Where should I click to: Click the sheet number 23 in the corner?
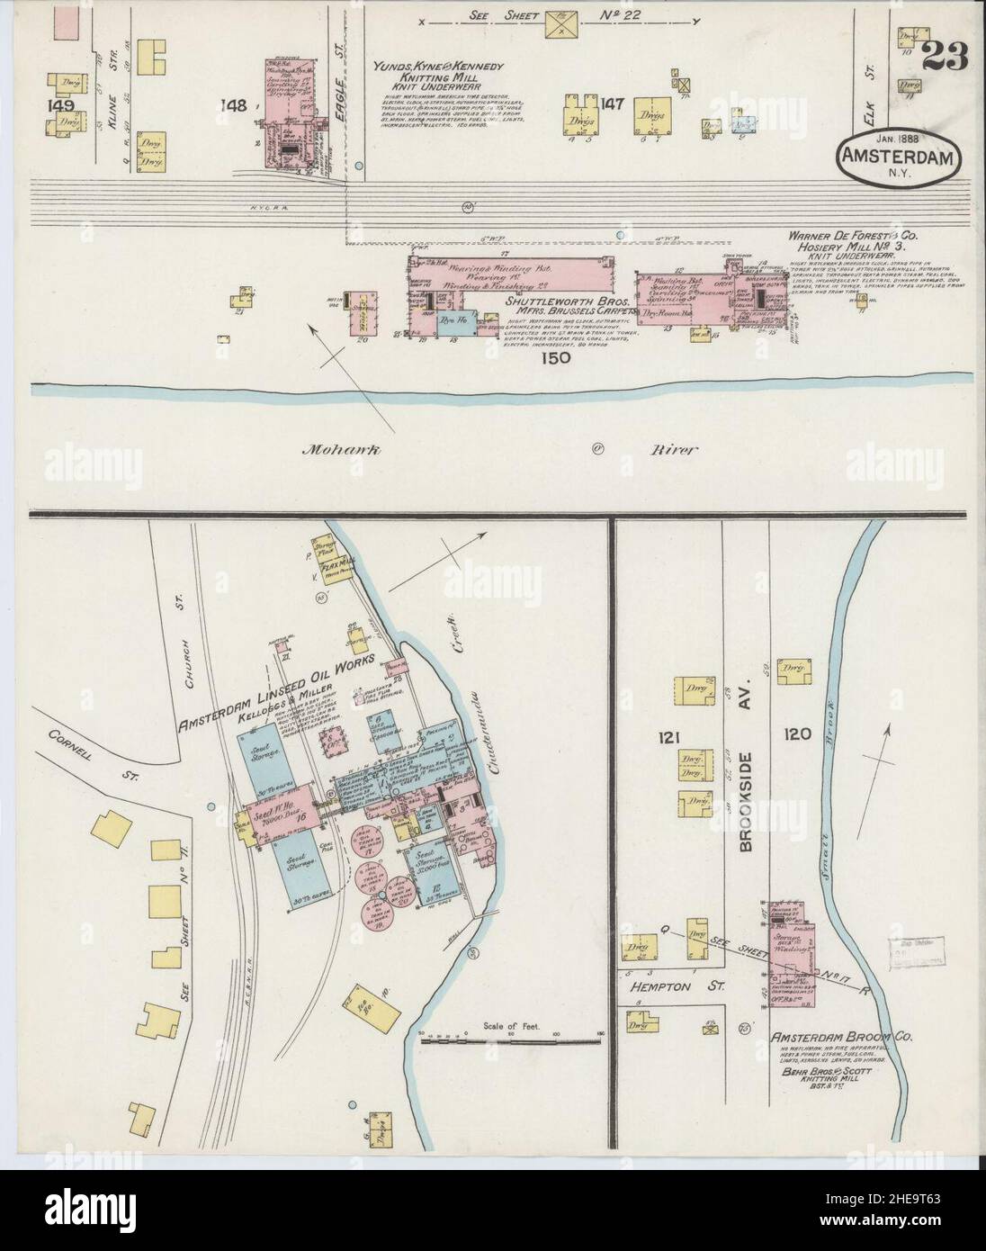944,58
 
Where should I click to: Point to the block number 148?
235,106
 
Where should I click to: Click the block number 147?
613,104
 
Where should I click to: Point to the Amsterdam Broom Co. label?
841,1037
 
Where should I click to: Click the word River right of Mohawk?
673,449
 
